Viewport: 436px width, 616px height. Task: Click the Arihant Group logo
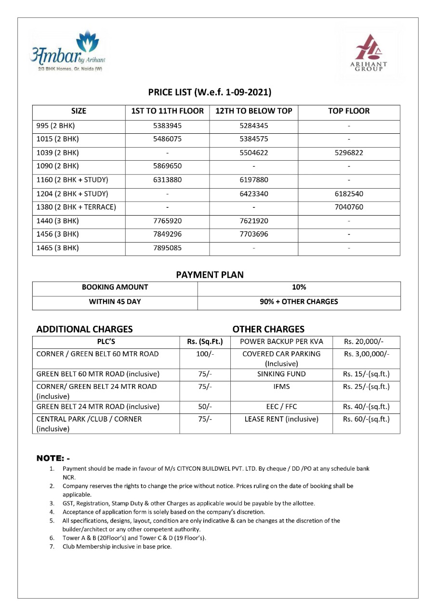click(x=369, y=53)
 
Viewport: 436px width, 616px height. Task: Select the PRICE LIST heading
click(x=210, y=92)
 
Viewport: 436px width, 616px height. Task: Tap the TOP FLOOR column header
click(x=349, y=111)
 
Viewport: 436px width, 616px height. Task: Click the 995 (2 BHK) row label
click(x=56, y=126)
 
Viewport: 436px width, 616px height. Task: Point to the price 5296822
click(x=348, y=153)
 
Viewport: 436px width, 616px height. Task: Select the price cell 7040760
click(x=348, y=207)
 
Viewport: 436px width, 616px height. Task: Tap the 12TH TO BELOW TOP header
click(x=253, y=111)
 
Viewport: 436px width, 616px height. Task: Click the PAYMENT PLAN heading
click(x=210, y=275)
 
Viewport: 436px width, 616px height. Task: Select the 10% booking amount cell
click(x=299, y=287)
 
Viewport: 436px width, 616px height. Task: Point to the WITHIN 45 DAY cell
click(x=115, y=302)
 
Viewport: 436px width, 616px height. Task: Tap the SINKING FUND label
click(x=281, y=374)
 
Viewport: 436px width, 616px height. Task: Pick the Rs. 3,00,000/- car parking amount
click(x=366, y=354)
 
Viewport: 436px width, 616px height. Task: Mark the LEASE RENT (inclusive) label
click(x=281, y=419)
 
